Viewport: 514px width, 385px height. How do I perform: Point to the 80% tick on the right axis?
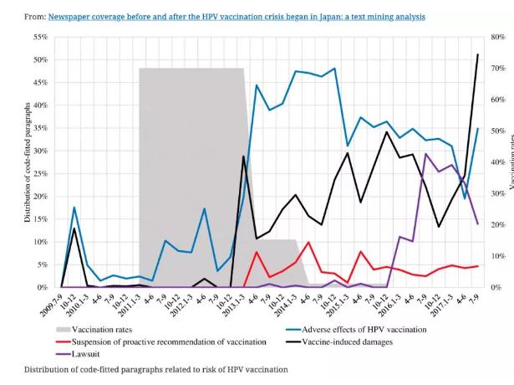pos(496,37)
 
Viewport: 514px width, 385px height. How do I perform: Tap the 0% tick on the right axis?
pos(496,287)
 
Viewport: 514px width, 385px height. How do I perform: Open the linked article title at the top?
pos(237,16)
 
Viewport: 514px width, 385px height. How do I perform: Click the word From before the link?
pos(35,16)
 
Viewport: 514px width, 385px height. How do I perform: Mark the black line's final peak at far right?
pos(477,54)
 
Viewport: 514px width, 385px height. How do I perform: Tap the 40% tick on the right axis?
pos(496,162)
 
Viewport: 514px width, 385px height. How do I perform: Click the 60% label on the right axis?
pos(496,100)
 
